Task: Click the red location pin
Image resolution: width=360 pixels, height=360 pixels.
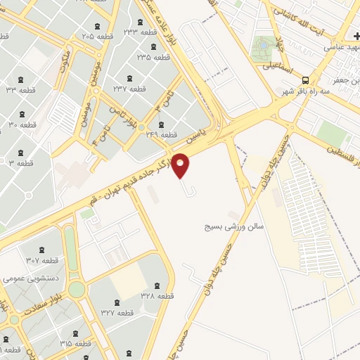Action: click(181, 166)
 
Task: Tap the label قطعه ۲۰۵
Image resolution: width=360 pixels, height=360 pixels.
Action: click(98, 35)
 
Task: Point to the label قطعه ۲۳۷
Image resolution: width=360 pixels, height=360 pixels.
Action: click(129, 89)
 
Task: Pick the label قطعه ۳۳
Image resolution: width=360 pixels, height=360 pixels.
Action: click(20, 90)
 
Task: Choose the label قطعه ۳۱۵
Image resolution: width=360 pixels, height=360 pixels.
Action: click(76, 343)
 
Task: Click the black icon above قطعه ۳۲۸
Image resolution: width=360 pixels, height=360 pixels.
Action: click(156, 285)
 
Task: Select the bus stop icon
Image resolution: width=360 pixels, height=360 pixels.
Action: click(305, 80)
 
